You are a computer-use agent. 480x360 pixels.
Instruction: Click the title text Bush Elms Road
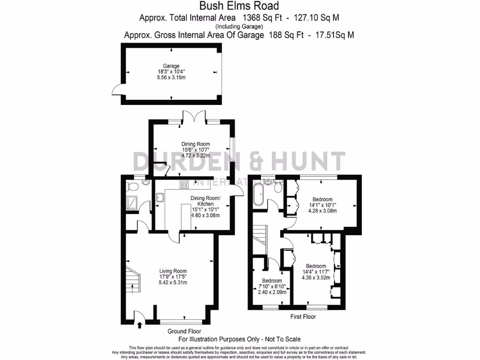pyautogui.click(x=240, y=6)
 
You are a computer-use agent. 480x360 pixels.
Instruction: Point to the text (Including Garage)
pyautogui.click(x=240, y=27)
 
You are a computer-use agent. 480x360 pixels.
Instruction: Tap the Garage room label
pyautogui.click(x=172, y=66)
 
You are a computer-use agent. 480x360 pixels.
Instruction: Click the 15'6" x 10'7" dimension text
pyautogui.click(x=195, y=150)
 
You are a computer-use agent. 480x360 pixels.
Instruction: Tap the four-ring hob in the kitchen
pyautogui.click(x=184, y=185)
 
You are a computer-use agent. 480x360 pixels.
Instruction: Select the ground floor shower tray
pyautogui.click(x=132, y=202)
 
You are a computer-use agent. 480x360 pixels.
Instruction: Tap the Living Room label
pyautogui.click(x=173, y=271)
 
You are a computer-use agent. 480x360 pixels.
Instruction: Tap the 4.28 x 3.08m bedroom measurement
pyautogui.click(x=322, y=211)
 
